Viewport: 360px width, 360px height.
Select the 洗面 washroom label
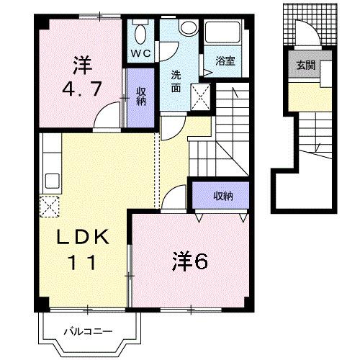pos(176,81)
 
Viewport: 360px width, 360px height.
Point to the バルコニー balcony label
pos(86,331)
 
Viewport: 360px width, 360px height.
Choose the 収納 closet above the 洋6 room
pos(222,194)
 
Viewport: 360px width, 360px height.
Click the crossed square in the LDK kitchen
pos(50,205)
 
